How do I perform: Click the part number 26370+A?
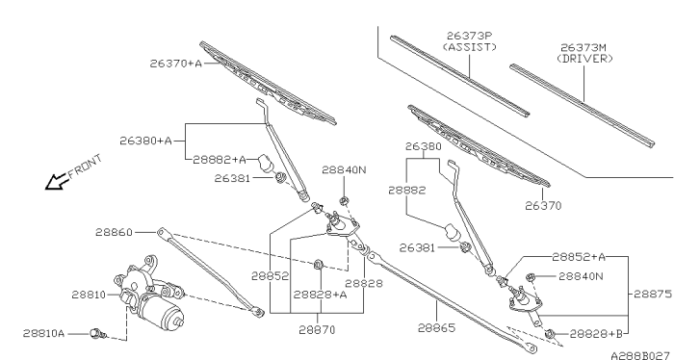[175, 64]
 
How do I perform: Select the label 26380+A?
[145, 141]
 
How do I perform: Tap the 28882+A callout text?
[220, 159]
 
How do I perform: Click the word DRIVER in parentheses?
[585, 59]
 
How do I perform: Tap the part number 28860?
[116, 232]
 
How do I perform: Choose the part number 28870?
[316, 329]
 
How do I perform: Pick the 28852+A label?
[579, 257]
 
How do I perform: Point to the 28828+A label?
[320, 295]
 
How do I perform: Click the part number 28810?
[90, 295]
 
